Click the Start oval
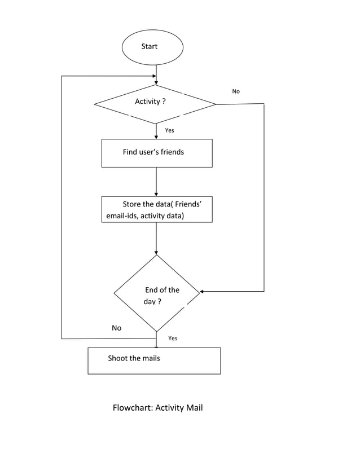point(152,47)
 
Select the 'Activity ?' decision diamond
point(155,104)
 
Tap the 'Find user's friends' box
point(157,153)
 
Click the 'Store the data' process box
point(157,209)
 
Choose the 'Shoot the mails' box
point(154,361)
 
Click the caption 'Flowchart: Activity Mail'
point(157,407)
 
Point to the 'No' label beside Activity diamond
point(236,91)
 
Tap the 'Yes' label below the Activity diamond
point(169,130)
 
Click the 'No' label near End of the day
point(116,328)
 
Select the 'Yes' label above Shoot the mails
point(173,338)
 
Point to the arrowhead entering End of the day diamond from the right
point(202,292)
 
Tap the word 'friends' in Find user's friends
point(172,152)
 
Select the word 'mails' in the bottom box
point(150,358)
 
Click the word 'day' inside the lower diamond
point(149,302)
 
